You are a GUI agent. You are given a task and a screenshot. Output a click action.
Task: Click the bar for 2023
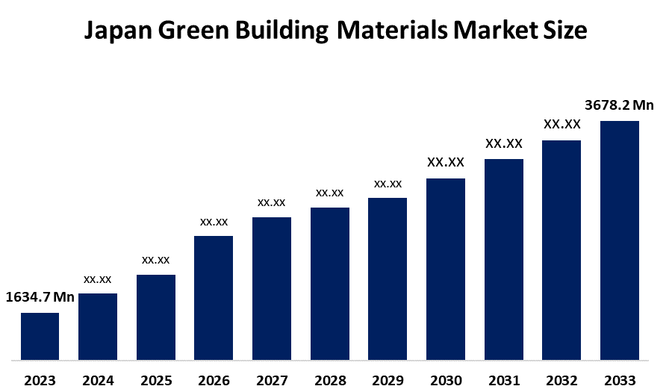[40, 336]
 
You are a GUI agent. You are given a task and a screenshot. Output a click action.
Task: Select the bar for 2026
[214, 298]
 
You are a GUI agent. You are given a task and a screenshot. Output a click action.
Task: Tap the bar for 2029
[388, 279]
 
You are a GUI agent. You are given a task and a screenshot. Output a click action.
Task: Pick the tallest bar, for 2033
[620, 240]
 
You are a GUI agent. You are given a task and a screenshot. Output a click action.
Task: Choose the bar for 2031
[504, 259]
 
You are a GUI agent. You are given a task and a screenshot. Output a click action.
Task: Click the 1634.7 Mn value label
[40, 298]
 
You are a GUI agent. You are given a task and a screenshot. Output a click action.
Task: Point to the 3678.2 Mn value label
[619, 106]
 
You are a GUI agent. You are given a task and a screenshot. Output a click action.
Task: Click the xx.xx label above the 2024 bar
[98, 279]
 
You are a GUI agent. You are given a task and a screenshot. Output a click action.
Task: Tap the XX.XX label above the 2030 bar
[446, 162]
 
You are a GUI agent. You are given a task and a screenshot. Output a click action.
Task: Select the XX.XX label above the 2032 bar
[561, 124]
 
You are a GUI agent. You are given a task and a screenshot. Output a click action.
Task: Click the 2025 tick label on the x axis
[156, 380]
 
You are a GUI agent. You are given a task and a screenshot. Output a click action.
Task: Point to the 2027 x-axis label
[272, 380]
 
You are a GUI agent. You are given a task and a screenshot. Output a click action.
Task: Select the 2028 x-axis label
[330, 380]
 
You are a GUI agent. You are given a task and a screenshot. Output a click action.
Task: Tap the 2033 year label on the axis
[620, 380]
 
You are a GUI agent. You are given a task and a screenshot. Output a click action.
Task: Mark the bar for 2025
[156, 317]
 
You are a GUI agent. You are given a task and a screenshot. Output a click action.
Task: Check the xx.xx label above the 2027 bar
[272, 202]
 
